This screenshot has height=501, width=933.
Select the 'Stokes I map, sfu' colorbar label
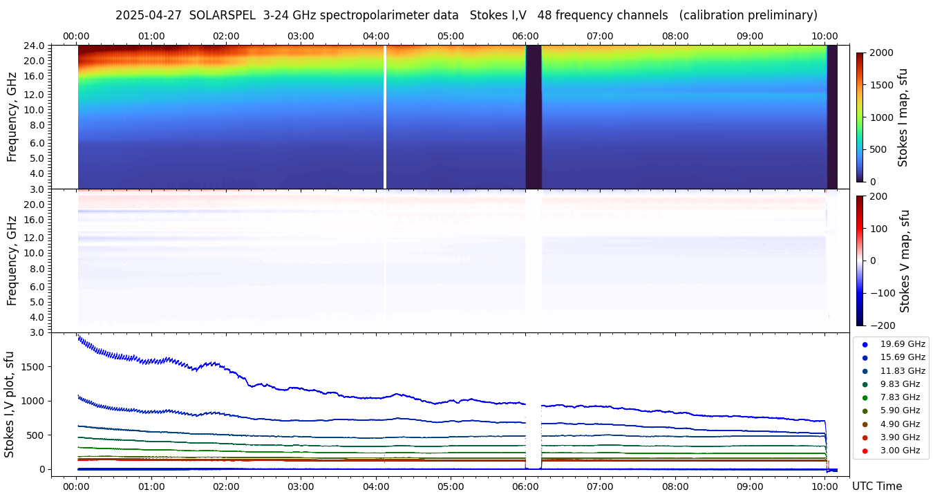(x=903, y=117)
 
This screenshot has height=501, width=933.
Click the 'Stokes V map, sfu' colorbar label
(x=904, y=261)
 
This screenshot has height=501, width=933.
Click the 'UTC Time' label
(x=876, y=486)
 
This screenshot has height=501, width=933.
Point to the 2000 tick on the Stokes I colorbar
(x=881, y=53)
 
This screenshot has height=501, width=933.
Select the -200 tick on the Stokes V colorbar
(x=881, y=325)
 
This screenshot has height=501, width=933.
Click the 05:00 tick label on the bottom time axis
(x=451, y=486)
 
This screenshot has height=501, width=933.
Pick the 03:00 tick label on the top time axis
(x=301, y=36)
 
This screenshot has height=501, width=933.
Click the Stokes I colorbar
(x=860, y=117)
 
